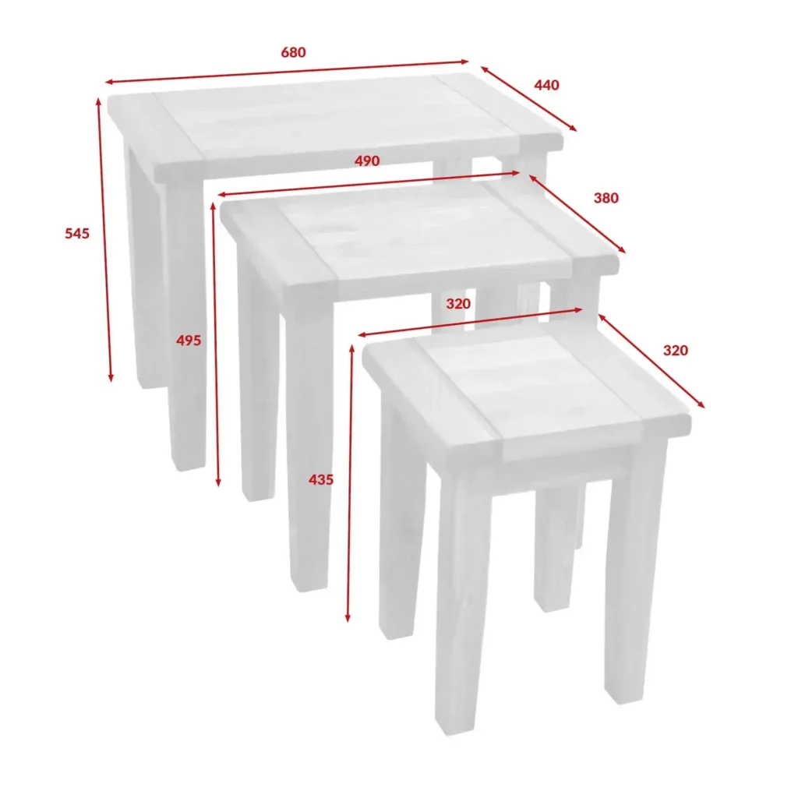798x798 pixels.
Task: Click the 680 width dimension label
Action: click(293, 52)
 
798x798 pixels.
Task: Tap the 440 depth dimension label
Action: click(546, 85)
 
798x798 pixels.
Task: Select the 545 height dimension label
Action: click(77, 234)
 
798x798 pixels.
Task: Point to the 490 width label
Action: click(367, 161)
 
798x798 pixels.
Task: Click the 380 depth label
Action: click(606, 198)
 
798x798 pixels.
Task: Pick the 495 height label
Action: click(189, 341)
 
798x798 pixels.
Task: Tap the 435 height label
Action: click(321, 479)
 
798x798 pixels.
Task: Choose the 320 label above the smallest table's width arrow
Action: click(458, 304)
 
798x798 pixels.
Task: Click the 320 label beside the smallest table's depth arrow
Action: click(676, 350)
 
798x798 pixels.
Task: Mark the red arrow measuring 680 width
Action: click(287, 72)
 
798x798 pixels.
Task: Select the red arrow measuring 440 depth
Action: click(529, 99)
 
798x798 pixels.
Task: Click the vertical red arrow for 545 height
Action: click(104, 239)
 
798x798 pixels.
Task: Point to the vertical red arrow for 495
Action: click(216, 344)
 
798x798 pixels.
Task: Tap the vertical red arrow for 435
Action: click(350, 483)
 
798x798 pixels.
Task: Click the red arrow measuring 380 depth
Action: click(577, 214)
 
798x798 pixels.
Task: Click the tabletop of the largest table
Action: click(335, 125)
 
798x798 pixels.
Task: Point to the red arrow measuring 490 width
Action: click(369, 184)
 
